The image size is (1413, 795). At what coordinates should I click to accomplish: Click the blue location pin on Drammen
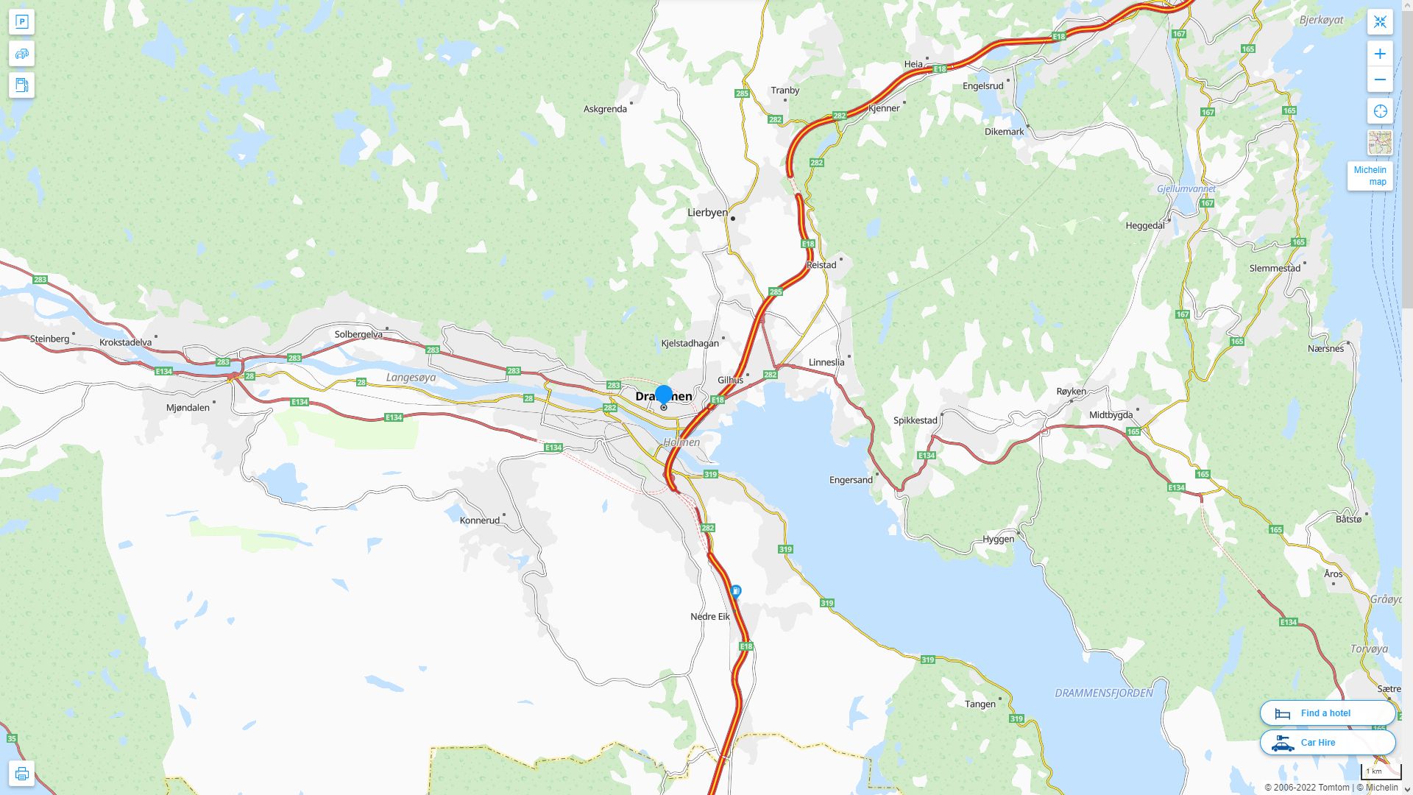click(664, 395)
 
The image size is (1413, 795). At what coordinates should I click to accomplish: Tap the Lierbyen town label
click(707, 213)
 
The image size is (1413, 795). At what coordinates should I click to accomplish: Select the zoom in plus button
click(1380, 54)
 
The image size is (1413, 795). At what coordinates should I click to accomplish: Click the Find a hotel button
click(1327, 713)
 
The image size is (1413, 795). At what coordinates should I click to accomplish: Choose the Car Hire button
click(1327, 742)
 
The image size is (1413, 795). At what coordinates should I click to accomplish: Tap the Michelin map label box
click(1370, 176)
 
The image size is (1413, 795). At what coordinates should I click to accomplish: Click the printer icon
click(21, 774)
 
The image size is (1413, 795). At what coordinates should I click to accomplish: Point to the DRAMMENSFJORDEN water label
click(1103, 693)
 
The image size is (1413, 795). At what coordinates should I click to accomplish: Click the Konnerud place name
click(479, 520)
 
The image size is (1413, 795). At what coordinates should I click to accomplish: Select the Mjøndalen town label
click(188, 407)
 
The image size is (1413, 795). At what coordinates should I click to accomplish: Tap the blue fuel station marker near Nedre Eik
click(735, 591)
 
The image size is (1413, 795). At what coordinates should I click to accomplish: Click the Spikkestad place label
click(915, 420)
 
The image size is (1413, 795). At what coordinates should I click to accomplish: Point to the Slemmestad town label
click(1275, 268)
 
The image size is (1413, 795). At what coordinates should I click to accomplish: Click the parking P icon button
click(21, 22)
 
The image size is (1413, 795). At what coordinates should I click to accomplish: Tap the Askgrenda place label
click(605, 109)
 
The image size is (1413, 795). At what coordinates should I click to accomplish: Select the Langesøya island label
click(411, 378)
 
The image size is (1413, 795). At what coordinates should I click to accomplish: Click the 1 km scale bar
click(1380, 771)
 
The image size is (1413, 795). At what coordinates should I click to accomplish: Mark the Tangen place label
click(980, 704)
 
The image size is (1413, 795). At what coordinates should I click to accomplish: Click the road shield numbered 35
click(11, 738)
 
